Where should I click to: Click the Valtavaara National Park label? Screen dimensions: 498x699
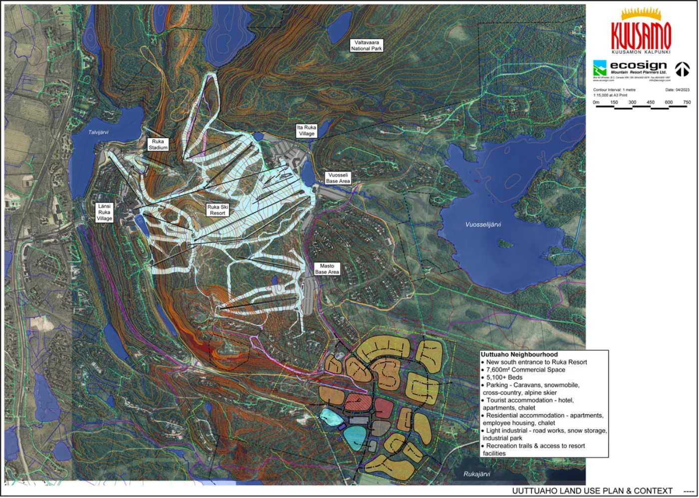coord(366,45)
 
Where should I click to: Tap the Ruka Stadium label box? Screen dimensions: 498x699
coord(158,144)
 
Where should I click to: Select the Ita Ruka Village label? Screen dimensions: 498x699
coord(307,131)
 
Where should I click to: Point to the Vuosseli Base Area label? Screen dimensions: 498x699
coord(338,178)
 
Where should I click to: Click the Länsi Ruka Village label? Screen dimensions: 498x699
coord(104,212)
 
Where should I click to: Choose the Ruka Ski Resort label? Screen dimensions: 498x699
coord(218,210)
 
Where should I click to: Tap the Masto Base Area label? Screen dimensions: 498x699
coord(327,269)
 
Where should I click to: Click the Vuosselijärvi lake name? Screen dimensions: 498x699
coord(483,225)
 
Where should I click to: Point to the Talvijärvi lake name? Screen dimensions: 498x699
coord(98,132)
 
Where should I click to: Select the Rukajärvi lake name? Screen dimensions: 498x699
coord(476,474)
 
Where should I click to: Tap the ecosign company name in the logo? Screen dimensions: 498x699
coord(638,65)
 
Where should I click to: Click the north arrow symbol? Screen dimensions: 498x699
coord(682,69)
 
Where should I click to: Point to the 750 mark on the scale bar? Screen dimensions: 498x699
coord(687,102)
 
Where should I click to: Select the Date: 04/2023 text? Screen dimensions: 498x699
coord(677,90)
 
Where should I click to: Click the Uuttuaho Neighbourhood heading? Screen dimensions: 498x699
coord(519,354)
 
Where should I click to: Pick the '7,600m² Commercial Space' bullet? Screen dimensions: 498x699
coord(525,370)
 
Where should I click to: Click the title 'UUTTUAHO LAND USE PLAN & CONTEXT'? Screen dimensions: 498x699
coord(592,491)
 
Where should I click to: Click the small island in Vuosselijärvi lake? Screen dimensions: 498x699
coord(505,244)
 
